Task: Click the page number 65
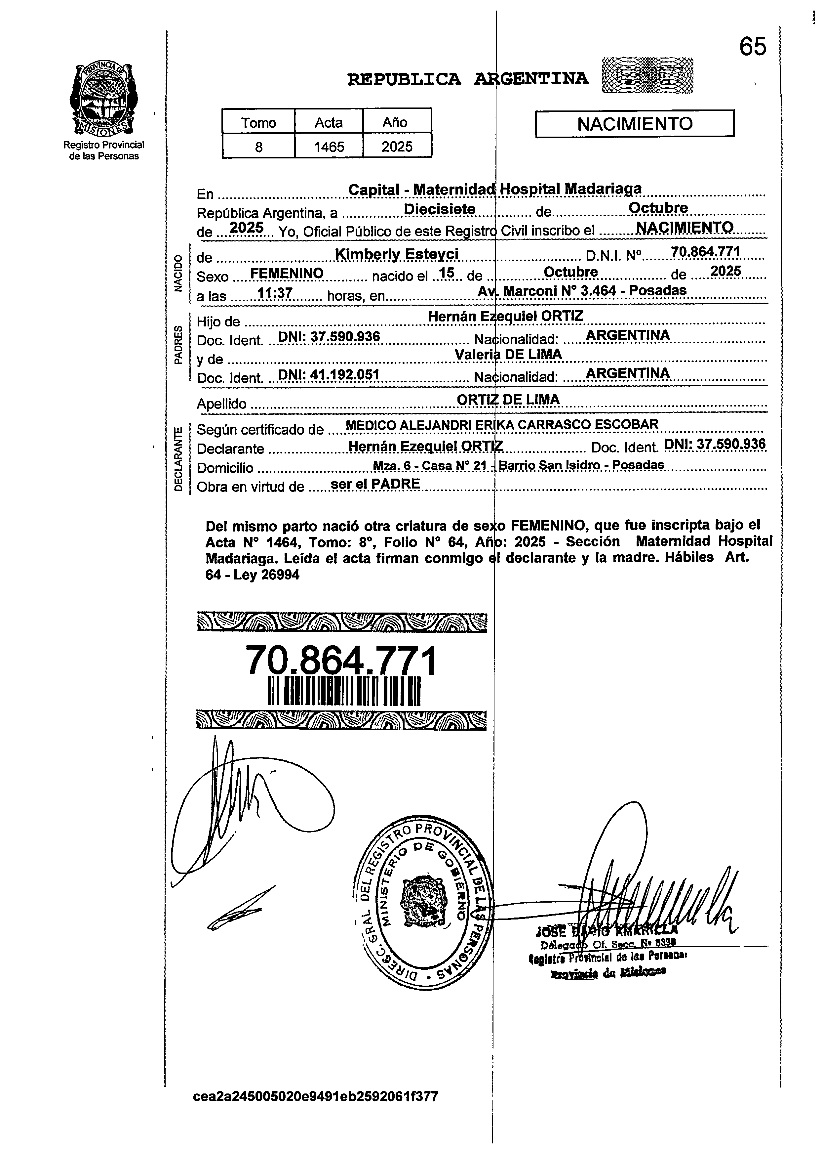tap(753, 47)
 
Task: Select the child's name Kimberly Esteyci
tap(397, 254)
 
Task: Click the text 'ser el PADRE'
tap(375, 484)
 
